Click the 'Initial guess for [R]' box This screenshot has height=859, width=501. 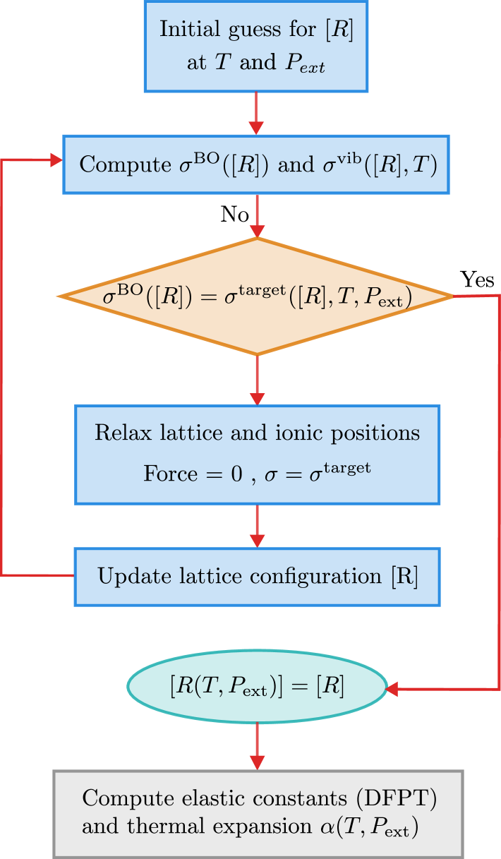[255, 46]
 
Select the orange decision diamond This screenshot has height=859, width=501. [255, 296]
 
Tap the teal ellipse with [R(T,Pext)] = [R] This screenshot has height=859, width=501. [257, 687]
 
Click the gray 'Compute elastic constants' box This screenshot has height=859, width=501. [258, 813]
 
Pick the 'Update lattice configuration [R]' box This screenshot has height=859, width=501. [257, 577]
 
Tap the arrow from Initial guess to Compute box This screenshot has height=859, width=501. [256, 113]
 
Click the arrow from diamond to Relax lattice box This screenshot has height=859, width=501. [256, 380]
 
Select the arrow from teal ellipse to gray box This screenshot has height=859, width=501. [256, 746]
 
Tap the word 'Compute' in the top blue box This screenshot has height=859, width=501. [121, 165]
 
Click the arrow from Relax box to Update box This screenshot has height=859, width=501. [256, 525]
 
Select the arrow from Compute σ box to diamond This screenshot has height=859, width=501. [256, 215]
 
